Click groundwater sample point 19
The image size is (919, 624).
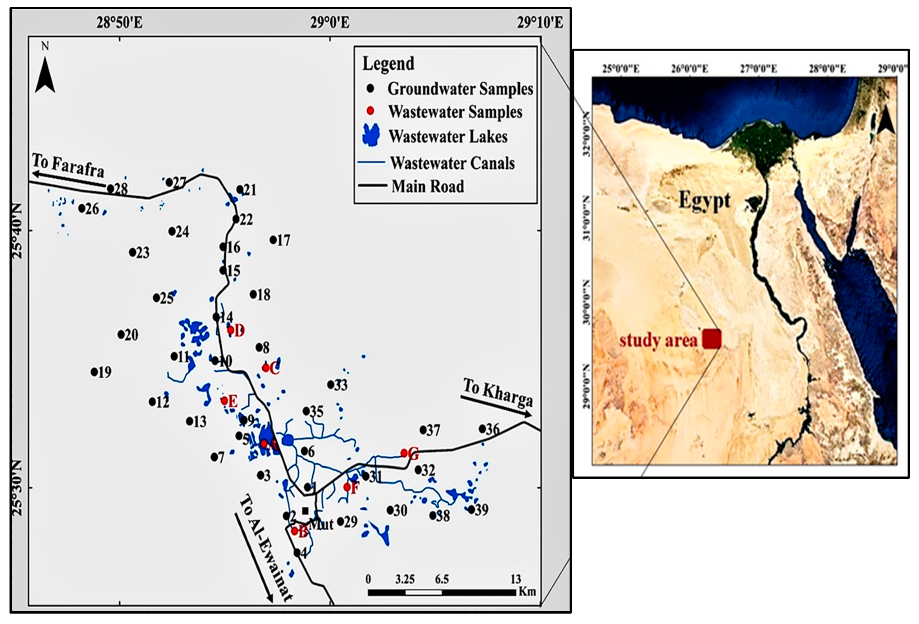94,372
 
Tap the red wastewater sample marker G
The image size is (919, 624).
404,453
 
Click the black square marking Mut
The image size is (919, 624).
305,511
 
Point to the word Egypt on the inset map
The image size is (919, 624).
704,200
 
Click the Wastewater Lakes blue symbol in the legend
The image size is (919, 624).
371,135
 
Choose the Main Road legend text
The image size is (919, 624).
428,186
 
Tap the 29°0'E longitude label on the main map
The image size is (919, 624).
329,23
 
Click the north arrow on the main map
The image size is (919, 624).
45,75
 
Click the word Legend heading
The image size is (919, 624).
388,64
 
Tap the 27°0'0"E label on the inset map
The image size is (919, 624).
758,69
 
